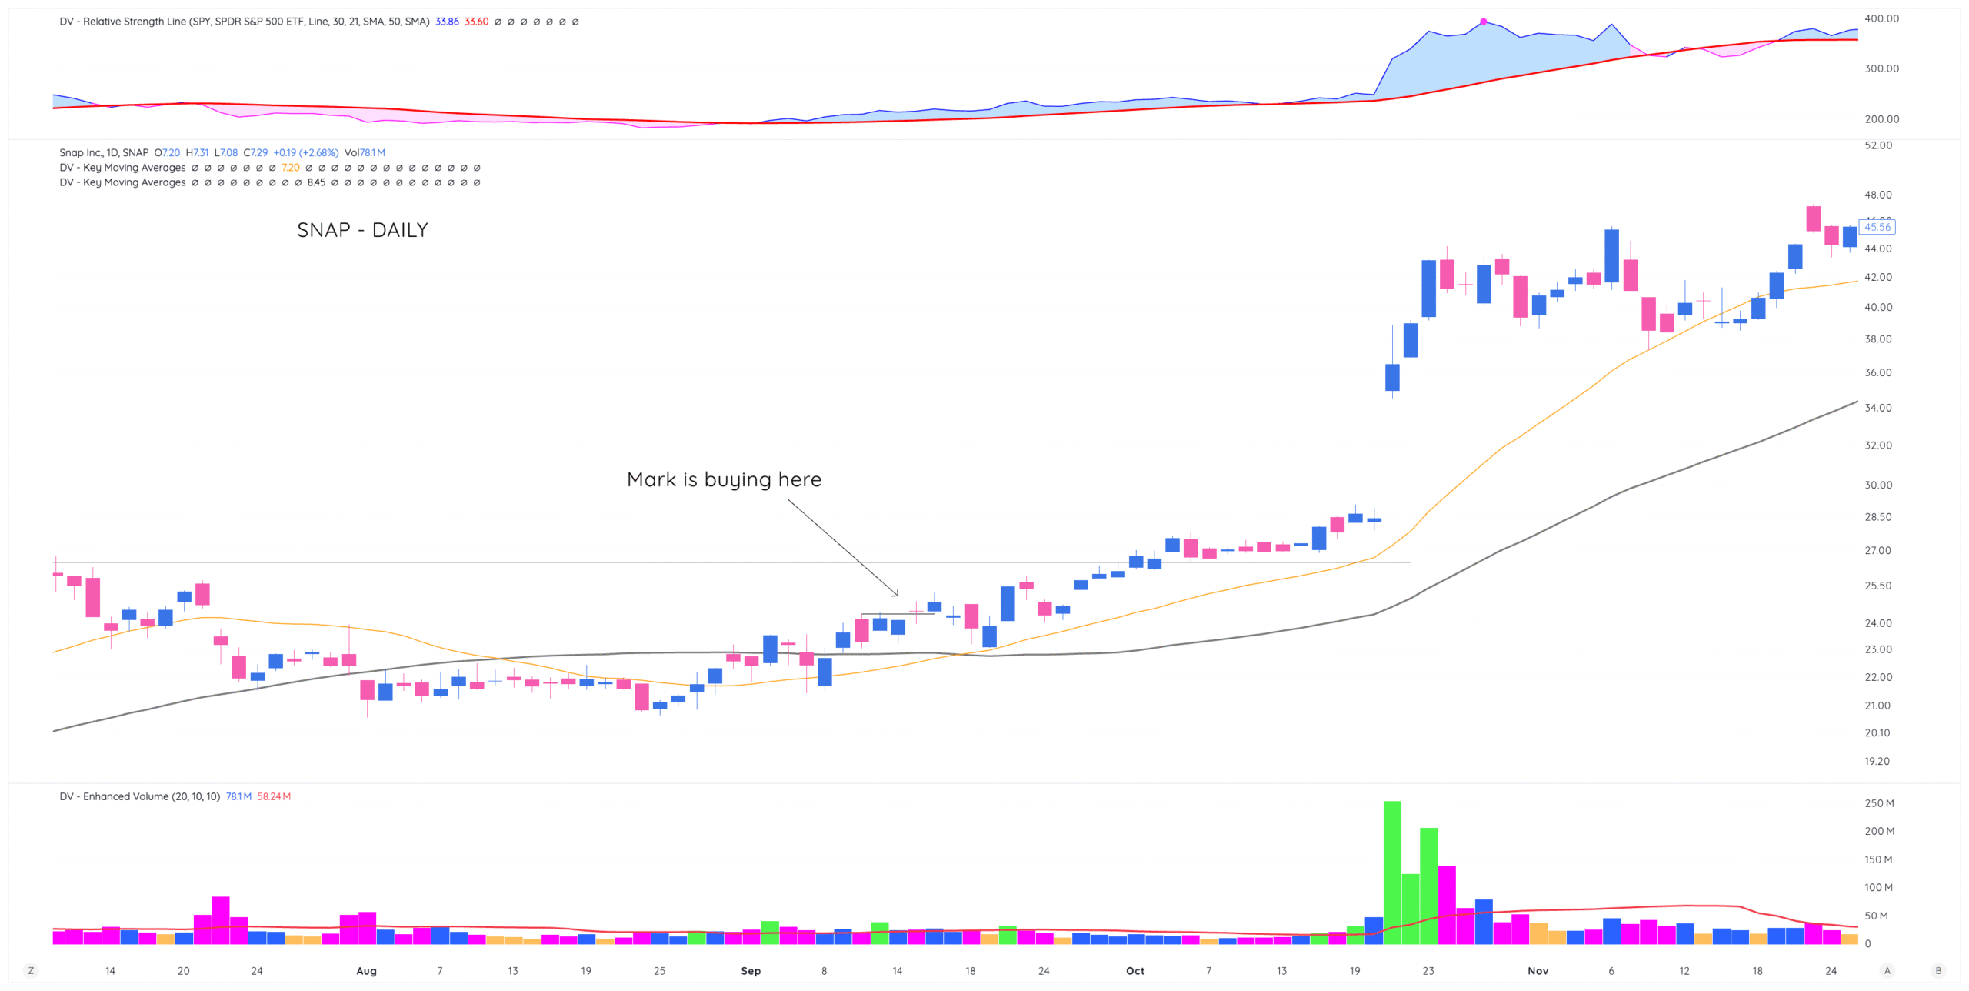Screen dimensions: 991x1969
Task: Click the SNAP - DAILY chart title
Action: click(362, 230)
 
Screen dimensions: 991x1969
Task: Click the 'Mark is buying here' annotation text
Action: click(724, 479)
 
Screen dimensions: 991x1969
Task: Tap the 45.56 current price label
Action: click(1877, 227)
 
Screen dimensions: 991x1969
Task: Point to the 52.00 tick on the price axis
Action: click(1877, 145)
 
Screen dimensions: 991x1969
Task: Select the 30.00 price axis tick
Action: click(1877, 485)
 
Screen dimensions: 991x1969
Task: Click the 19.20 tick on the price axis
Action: click(1877, 761)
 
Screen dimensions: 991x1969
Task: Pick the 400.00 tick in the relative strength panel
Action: click(1881, 18)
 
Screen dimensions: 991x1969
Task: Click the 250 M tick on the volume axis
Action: click(1879, 803)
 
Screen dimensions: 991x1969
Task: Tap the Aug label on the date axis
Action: click(366, 971)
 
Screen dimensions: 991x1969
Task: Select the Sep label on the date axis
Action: click(751, 971)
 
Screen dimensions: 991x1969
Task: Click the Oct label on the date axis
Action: click(1134, 971)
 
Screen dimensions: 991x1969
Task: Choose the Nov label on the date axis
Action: click(1538, 971)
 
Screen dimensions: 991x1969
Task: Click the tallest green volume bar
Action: click(1391, 873)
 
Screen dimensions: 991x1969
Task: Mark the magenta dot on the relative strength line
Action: click(1484, 22)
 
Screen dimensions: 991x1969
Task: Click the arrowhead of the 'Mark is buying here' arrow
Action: click(897, 594)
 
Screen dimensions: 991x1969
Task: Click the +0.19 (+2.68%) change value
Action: click(305, 152)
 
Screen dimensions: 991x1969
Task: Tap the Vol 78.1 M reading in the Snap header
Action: click(365, 152)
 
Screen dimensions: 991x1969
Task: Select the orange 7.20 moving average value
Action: click(290, 168)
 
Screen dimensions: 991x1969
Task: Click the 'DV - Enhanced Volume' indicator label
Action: click(139, 796)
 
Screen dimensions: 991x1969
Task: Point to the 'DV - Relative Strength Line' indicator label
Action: click(244, 22)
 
